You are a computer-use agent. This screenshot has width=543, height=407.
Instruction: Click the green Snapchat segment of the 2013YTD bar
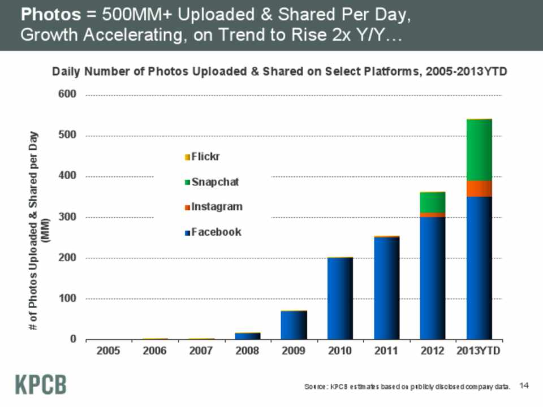(479, 150)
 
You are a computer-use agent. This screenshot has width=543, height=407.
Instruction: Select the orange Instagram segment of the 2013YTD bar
(479, 189)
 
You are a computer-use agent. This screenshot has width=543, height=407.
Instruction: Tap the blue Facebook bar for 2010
(340, 298)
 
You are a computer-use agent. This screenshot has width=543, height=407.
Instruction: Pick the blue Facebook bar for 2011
(386, 288)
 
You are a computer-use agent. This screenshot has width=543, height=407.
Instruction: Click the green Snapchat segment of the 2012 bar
(433, 202)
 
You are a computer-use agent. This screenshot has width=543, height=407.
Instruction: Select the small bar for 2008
(247, 336)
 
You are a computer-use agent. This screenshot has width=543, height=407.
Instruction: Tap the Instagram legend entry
(213, 207)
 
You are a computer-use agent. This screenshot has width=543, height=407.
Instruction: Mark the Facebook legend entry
(213, 232)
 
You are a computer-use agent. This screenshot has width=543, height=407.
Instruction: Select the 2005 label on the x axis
(108, 351)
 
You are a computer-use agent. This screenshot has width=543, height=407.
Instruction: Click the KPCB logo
(40, 384)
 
